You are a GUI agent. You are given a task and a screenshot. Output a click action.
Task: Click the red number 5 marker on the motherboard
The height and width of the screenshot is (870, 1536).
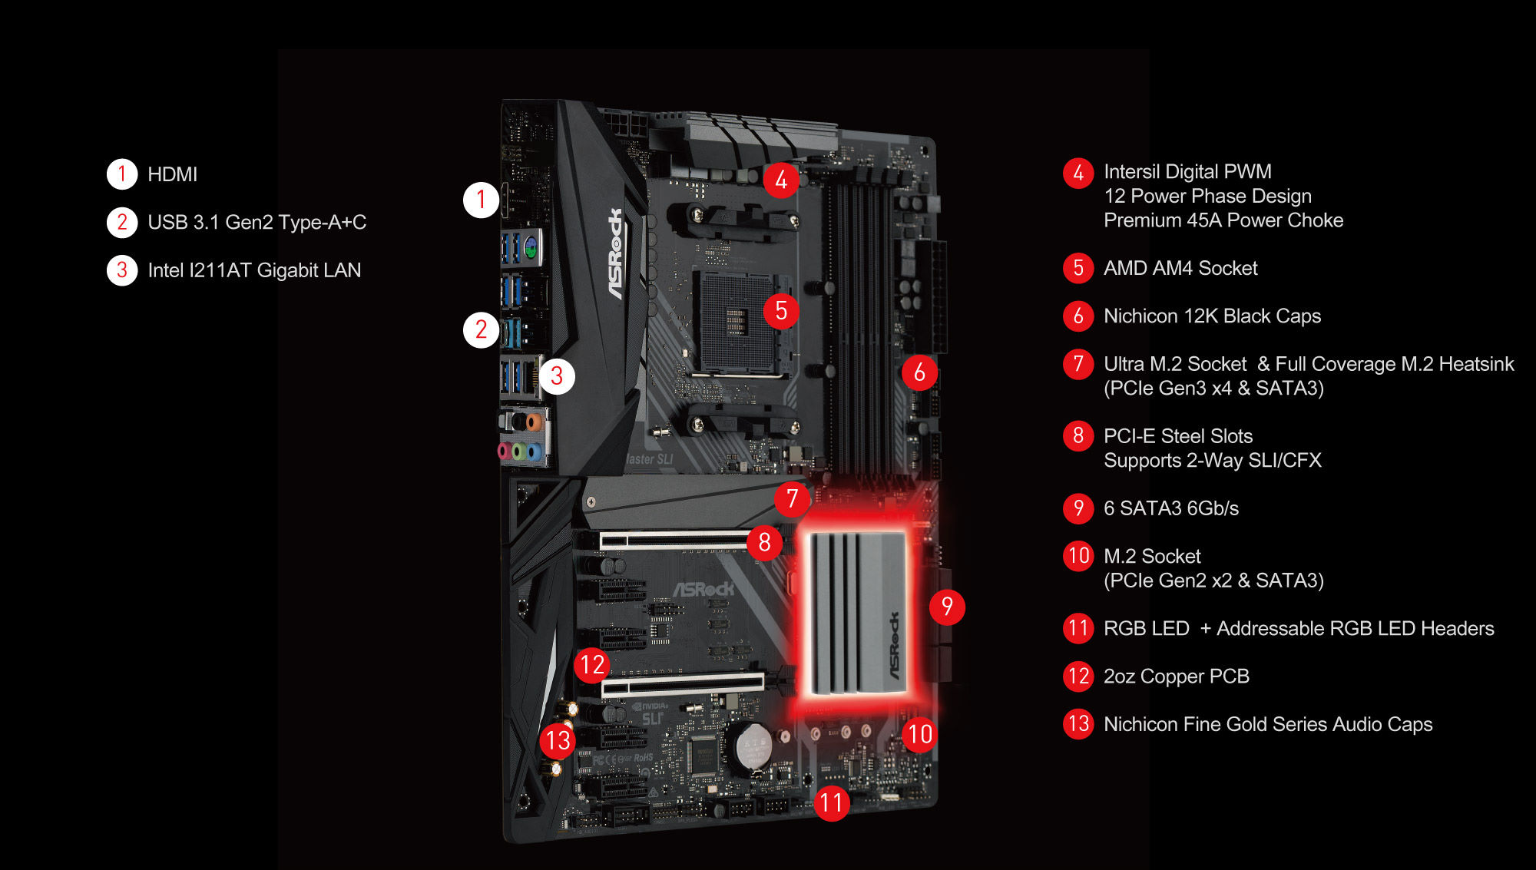tap(781, 311)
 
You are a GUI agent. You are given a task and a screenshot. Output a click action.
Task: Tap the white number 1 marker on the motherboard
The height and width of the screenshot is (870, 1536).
tap(482, 200)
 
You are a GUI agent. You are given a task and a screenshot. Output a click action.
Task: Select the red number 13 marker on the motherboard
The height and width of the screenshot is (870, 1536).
tap(558, 740)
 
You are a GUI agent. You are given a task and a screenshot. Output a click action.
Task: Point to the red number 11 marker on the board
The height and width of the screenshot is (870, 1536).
tap(832, 803)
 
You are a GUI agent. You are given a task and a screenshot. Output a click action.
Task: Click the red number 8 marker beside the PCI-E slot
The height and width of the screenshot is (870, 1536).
tap(765, 542)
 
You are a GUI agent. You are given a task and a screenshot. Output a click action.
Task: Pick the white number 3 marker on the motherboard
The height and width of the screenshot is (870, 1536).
tap(557, 376)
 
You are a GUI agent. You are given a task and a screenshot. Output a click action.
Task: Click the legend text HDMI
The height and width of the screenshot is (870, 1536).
tap(172, 174)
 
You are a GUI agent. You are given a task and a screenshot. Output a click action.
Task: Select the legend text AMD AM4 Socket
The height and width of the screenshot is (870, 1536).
tap(1180, 268)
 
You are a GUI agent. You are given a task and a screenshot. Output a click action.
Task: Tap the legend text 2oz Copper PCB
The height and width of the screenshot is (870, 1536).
tap(1176, 676)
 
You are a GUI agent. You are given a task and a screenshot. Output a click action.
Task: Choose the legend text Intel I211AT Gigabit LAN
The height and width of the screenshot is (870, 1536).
tap(254, 270)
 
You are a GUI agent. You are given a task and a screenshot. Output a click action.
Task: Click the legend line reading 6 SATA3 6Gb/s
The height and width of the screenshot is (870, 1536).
tap(1170, 508)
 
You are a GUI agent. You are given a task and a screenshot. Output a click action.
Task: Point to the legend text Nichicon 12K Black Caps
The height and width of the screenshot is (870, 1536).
tap(1212, 316)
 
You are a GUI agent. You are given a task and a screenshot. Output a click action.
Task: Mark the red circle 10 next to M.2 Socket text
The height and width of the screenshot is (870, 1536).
tap(1078, 555)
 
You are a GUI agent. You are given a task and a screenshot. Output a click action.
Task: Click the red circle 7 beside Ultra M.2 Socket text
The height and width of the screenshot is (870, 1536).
tap(1078, 364)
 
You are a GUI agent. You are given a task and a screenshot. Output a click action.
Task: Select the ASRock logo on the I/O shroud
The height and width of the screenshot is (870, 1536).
tap(616, 253)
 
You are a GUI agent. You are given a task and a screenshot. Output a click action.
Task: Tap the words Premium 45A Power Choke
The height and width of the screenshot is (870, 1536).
tap(1223, 220)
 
